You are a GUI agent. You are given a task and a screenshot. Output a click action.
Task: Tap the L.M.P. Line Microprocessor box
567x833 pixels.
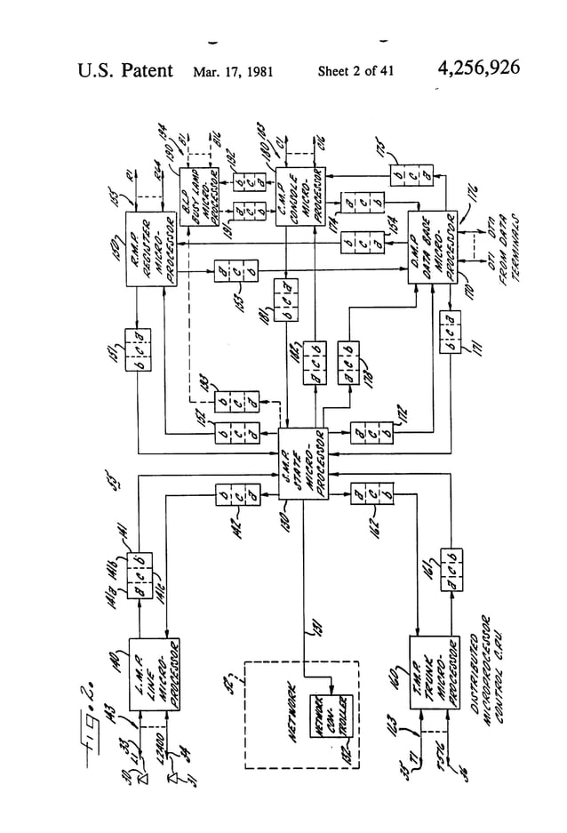pos(156,672)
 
